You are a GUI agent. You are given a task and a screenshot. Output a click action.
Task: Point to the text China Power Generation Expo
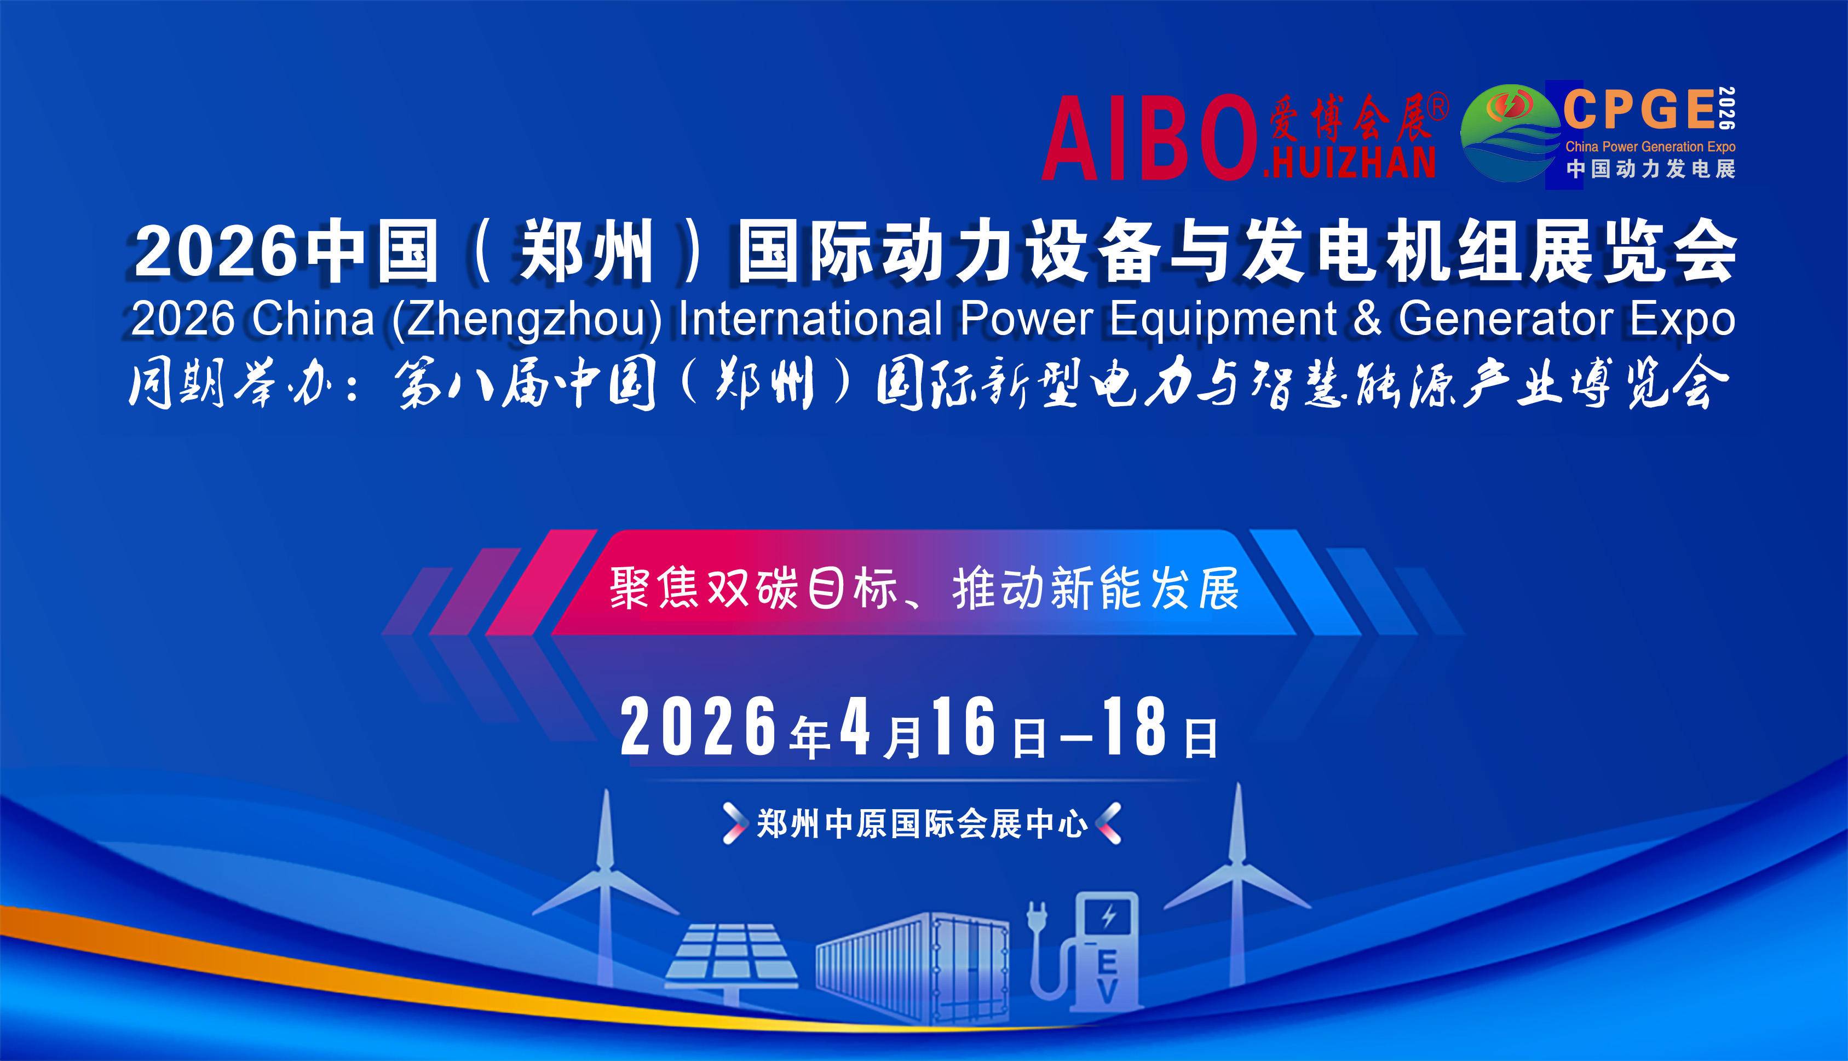point(1650,147)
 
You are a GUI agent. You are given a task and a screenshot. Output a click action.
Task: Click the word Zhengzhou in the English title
point(526,319)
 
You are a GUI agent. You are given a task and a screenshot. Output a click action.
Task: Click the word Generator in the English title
point(1506,319)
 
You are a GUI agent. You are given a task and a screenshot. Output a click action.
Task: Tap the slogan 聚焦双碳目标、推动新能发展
point(924,589)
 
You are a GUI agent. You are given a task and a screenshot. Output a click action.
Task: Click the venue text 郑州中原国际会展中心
point(923,824)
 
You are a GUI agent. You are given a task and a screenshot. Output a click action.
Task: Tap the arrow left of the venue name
point(734,823)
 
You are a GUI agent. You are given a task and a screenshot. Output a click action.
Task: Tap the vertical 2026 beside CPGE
point(1727,108)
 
